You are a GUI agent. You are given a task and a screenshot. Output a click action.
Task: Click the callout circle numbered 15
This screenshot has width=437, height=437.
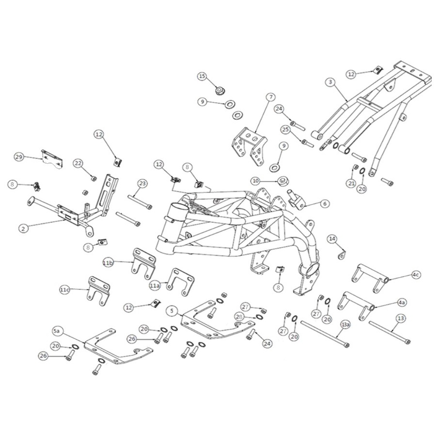[201, 76]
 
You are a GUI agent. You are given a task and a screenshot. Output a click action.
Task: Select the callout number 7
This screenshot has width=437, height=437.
[270, 96]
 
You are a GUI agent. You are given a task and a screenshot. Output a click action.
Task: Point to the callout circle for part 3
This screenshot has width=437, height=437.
[330, 82]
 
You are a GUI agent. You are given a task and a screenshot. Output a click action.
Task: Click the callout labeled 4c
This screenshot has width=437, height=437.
[415, 275]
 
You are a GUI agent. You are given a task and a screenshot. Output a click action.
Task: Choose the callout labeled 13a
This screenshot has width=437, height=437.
[346, 324]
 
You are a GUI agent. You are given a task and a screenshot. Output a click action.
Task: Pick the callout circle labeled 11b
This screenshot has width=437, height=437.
[108, 262]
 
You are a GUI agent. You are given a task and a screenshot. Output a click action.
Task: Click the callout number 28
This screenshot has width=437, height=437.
[239, 316]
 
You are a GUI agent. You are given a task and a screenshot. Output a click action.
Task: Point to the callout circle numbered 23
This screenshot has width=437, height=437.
[142, 184]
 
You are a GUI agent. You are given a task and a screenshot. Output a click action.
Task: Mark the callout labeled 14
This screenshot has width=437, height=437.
[333, 239]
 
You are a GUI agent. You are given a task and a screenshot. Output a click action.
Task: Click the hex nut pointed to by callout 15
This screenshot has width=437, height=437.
[220, 90]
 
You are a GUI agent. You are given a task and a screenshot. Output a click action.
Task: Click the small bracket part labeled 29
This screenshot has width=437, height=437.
[52, 159]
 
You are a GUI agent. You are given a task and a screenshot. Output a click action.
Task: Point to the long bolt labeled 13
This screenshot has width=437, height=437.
[389, 333]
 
